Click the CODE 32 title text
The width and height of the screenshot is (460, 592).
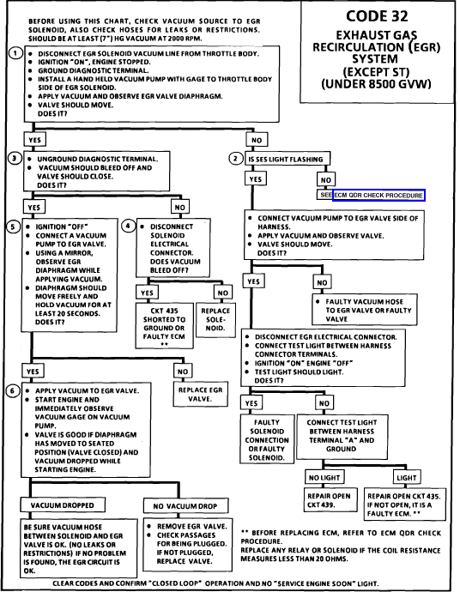click(377, 15)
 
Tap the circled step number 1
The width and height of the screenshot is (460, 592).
click(15, 53)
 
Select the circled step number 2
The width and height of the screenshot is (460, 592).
click(236, 158)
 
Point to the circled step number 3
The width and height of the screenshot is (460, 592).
click(15, 158)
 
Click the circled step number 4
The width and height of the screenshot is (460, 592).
click(129, 226)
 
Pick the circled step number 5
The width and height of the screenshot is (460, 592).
click(13, 227)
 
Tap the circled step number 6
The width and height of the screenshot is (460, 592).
click(13, 390)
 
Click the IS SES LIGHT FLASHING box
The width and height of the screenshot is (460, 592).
click(287, 159)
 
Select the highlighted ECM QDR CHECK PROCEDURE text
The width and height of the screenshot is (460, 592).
click(378, 196)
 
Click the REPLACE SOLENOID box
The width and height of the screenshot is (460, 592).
click(215, 319)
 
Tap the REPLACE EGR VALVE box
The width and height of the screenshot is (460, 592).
click(201, 394)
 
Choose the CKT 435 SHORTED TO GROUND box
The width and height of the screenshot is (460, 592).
click(164, 325)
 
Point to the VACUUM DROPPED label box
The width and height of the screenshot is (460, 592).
click(63, 505)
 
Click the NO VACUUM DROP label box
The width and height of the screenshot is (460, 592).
click(185, 506)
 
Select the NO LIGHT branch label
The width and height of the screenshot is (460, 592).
click(324, 478)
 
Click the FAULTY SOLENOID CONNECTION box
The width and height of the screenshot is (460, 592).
click(267, 439)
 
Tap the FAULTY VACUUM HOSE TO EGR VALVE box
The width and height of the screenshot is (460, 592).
click(365, 310)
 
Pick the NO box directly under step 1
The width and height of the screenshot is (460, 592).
click(257, 140)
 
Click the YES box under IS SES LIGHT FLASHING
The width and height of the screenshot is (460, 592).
click(256, 179)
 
